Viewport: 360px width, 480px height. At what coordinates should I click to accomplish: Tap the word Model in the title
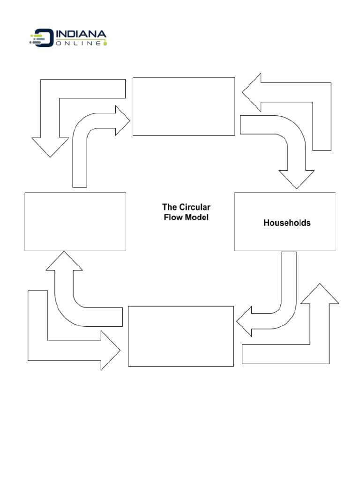click(x=196, y=217)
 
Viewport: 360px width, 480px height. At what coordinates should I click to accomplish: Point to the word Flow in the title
click(x=172, y=217)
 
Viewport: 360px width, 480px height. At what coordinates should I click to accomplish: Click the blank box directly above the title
click(x=183, y=106)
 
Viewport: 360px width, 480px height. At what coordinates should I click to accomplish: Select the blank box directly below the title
click(x=180, y=336)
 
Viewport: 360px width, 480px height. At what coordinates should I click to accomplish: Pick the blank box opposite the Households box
click(x=75, y=221)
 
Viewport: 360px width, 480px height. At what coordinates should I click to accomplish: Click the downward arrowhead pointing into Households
click(x=296, y=179)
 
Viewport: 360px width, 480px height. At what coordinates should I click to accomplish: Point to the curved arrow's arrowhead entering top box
click(x=122, y=120)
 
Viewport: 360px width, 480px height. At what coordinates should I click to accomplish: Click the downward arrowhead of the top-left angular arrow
click(x=50, y=146)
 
